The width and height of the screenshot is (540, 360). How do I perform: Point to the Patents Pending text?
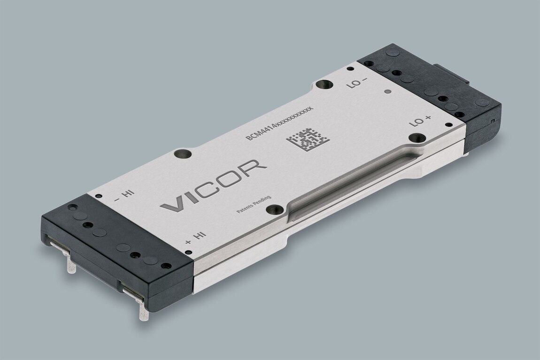click(x=254, y=205)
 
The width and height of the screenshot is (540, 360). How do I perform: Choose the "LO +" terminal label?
click(x=419, y=121)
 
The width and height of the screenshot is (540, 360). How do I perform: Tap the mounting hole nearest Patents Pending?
click(x=275, y=210)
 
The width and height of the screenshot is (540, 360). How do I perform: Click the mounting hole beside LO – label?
click(x=324, y=84)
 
